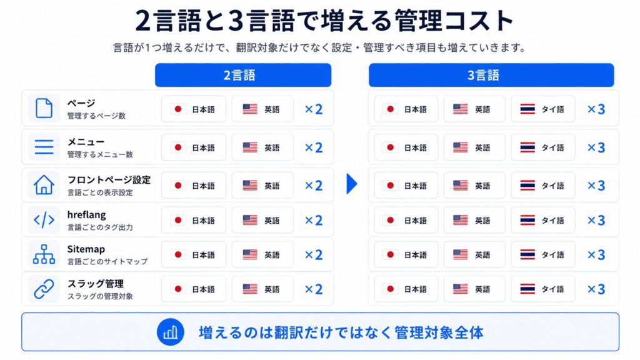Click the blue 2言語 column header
[x=243, y=75]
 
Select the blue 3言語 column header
[x=491, y=75]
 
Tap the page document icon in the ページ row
[x=44, y=108]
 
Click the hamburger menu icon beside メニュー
[x=44, y=147]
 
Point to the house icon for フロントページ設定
[x=44, y=184]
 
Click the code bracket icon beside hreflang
[x=44, y=220]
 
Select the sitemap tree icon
[x=44, y=254]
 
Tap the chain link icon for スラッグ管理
[x=44, y=289]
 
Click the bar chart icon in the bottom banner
[x=170, y=332]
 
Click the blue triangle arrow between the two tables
[x=351, y=184]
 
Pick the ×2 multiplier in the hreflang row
[x=314, y=221]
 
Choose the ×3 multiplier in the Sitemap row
[x=596, y=255]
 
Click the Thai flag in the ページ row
[x=527, y=109]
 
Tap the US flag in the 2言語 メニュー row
[x=250, y=147]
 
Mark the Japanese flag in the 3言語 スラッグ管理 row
[x=390, y=289]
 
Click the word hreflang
[x=86, y=215]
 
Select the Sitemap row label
[x=86, y=249]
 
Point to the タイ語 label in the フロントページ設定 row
[x=552, y=186]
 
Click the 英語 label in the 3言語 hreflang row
[x=482, y=221]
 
